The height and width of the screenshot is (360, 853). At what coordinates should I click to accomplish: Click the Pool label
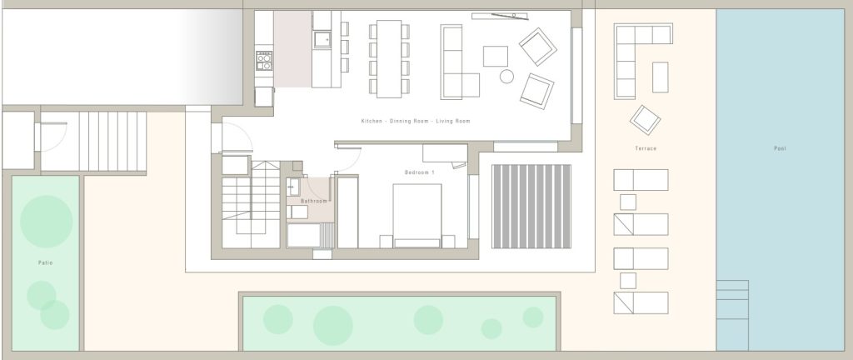[x=780, y=148]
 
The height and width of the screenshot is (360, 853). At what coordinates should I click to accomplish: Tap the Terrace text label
[x=646, y=148]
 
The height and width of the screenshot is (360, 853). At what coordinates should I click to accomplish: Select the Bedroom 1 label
[x=420, y=172]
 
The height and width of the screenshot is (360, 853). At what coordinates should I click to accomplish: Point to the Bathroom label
[x=314, y=201]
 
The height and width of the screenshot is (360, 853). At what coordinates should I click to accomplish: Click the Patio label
[x=46, y=262]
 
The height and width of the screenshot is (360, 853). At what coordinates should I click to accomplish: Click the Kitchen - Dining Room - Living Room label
[x=416, y=121]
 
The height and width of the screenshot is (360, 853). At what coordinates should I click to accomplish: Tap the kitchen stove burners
[x=264, y=60]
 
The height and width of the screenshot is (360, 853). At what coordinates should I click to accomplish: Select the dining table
[x=389, y=58]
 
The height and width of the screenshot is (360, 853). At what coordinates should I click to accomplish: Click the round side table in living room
[x=506, y=76]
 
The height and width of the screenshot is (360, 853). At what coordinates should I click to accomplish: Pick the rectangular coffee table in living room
[x=495, y=56]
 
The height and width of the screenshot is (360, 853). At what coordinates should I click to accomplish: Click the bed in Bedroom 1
[x=417, y=215]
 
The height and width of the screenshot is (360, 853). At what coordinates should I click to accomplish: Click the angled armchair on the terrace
[x=646, y=120]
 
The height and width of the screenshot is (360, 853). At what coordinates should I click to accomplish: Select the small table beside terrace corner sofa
[x=660, y=77]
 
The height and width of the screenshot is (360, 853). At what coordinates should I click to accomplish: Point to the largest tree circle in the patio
[x=47, y=222]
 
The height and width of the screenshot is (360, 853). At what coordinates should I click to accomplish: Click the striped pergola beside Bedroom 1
[x=531, y=206]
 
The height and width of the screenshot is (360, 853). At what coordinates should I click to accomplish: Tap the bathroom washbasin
[x=294, y=187]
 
